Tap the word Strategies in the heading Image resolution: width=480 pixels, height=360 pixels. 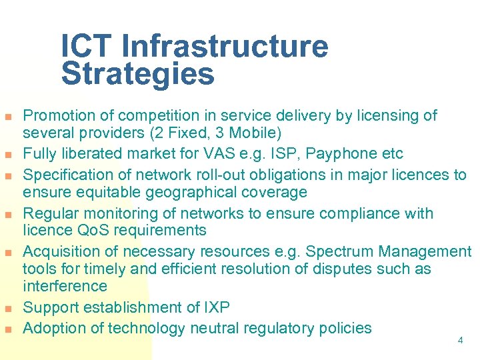138,75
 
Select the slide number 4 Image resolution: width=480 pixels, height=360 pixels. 460,340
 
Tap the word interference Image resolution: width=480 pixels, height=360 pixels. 65,286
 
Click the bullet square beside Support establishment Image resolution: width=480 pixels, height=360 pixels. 8,309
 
